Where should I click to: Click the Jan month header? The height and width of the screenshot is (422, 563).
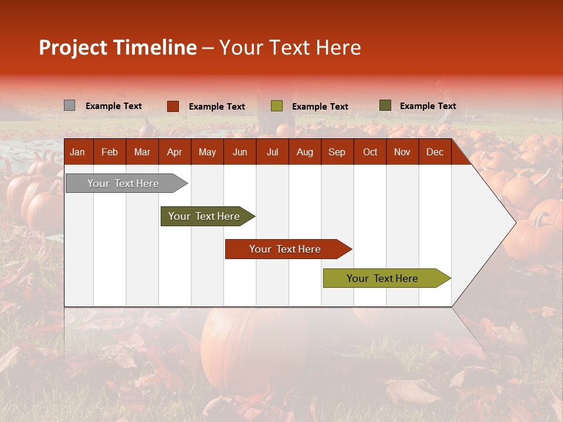click(x=77, y=152)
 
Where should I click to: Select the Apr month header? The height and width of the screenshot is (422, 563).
click(x=174, y=152)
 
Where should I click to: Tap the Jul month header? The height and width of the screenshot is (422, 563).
click(x=272, y=152)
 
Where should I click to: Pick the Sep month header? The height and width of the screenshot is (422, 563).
click(x=337, y=152)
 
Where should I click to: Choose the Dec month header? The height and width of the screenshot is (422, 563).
click(x=435, y=152)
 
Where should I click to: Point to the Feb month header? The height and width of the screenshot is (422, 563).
click(x=110, y=152)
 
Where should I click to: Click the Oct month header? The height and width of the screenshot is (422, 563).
click(x=370, y=152)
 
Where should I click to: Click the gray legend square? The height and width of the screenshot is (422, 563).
click(x=69, y=105)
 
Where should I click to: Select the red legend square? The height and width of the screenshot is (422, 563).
click(x=172, y=106)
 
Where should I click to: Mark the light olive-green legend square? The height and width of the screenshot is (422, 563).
click(x=276, y=106)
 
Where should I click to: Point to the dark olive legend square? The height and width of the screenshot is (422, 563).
click(x=385, y=105)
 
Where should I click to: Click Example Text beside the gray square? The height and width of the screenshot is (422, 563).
click(x=114, y=106)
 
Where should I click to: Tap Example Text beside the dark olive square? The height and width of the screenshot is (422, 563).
click(x=428, y=106)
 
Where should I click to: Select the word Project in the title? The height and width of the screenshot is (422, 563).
click(x=73, y=47)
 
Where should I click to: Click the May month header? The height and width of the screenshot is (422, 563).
click(x=207, y=152)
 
